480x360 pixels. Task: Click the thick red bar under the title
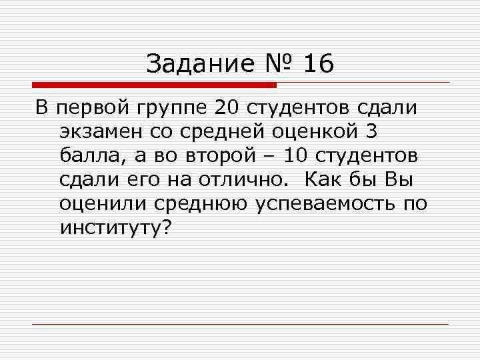154,85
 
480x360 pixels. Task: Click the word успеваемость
326,203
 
